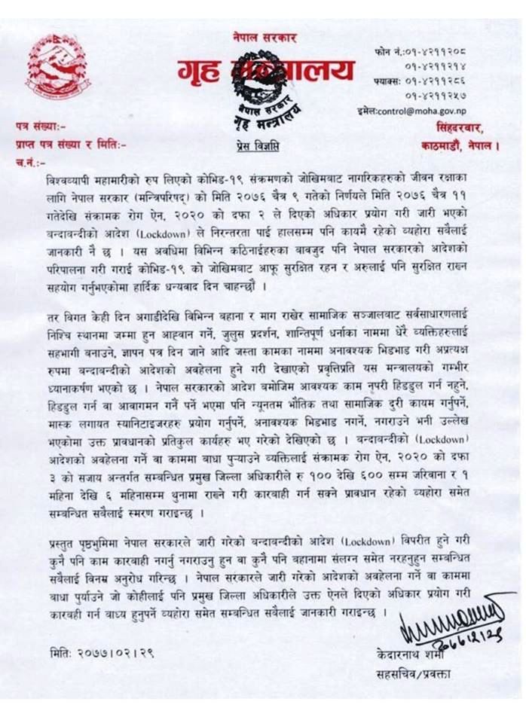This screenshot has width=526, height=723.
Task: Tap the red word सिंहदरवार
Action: (466, 125)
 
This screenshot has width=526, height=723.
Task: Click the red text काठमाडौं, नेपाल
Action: (460, 142)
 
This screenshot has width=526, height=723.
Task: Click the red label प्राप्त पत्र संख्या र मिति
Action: (72, 142)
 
